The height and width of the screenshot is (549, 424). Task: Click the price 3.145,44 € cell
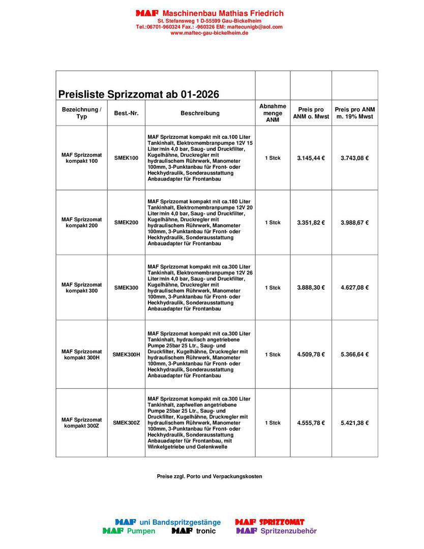click(x=311, y=158)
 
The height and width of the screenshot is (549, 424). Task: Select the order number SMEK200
click(x=126, y=223)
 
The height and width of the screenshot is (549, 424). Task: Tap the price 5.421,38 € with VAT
click(x=354, y=423)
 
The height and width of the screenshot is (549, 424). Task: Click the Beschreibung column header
click(x=200, y=113)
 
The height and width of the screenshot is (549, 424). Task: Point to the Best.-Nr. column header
click(x=126, y=113)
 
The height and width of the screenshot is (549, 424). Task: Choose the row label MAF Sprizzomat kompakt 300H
click(x=81, y=354)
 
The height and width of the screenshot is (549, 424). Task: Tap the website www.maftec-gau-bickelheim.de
click(x=209, y=33)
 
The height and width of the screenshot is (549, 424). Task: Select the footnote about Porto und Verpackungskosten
click(x=209, y=476)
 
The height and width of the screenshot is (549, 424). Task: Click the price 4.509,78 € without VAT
click(x=311, y=355)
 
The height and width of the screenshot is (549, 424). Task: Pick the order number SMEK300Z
click(x=126, y=423)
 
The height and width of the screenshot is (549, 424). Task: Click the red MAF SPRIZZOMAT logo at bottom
click(x=269, y=522)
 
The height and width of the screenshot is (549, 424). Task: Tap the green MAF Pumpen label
click(x=129, y=531)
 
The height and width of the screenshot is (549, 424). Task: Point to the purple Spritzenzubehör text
click(x=288, y=531)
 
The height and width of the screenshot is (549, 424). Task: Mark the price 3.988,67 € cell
click(x=354, y=223)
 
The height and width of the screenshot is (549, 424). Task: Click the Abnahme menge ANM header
click(x=272, y=113)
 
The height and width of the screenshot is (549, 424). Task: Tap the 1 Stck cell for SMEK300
click(x=272, y=288)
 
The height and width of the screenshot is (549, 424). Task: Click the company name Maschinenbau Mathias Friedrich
click(x=223, y=13)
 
